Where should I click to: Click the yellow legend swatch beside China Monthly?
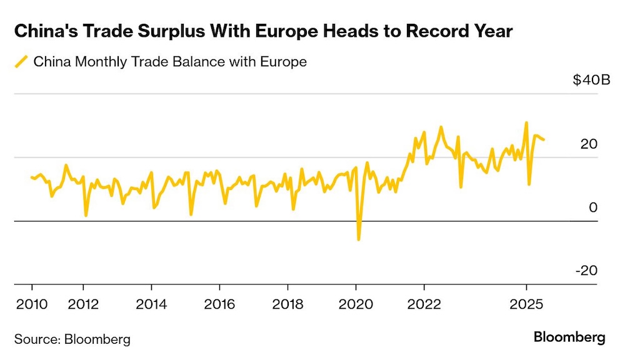22,61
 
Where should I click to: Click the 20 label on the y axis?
589,144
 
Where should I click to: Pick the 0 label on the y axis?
594,207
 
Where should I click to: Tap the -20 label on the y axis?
586,271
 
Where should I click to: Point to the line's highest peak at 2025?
526,122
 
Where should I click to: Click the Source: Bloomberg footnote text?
72,339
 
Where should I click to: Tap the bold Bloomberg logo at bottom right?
569,337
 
